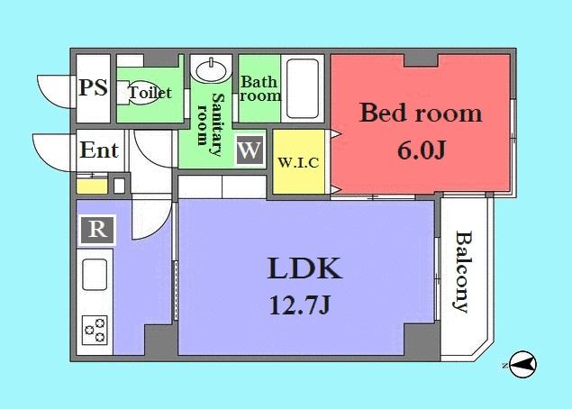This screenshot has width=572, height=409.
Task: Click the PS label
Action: pyautogui.click(x=93, y=88)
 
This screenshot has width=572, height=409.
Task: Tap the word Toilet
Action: pyautogui.click(x=150, y=93)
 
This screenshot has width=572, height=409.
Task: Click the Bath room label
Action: pyautogui.click(x=259, y=87)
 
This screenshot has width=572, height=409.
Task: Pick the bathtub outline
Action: pyautogui.click(x=303, y=89)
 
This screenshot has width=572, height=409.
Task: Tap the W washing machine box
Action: pyautogui.click(x=250, y=149)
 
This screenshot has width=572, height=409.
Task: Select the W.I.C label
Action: pyautogui.click(x=297, y=163)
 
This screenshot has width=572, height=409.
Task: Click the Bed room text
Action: pyautogui.click(x=421, y=114)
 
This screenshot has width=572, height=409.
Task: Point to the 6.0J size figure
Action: pyautogui.click(x=421, y=149)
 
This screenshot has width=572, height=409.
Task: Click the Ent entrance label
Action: pyautogui.click(x=99, y=150)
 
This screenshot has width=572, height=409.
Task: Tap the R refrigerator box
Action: pyautogui.click(x=97, y=230)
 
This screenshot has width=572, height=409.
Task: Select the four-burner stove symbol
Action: pyautogui.click(x=96, y=331)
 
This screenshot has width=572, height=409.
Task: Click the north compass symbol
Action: pyautogui.click(x=522, y=365)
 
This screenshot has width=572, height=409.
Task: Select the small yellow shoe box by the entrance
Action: pyautogui.click(x=88, y=186)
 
